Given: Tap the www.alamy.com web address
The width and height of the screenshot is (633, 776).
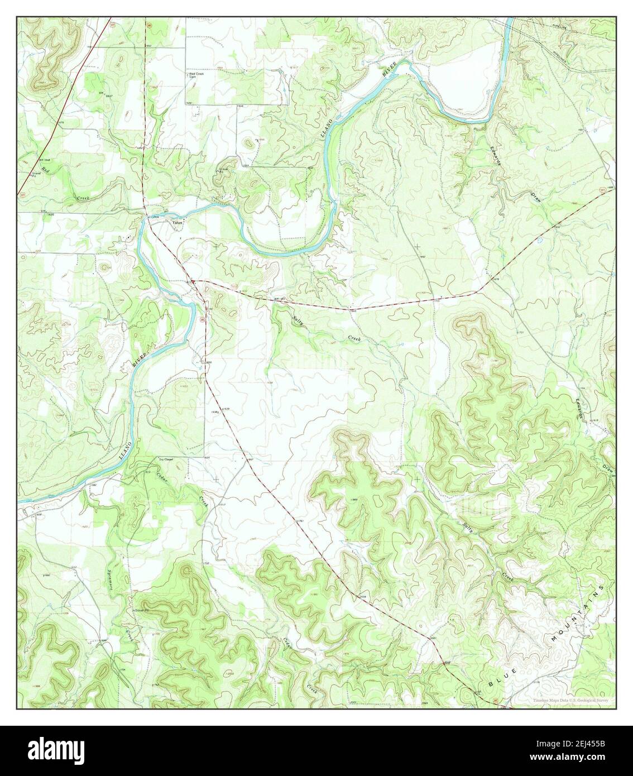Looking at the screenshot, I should coord(587,758).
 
